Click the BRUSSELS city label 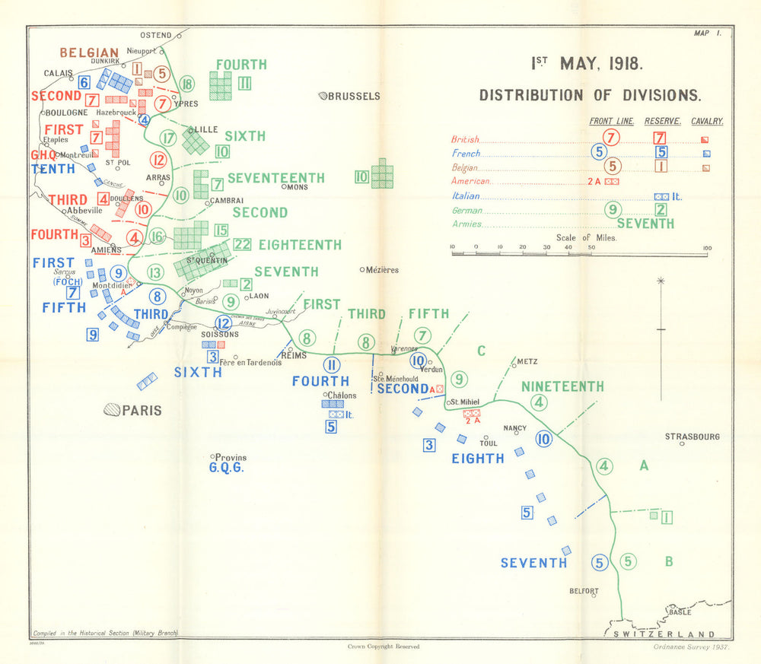355,96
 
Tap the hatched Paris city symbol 112,409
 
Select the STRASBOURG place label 692,437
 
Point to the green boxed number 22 243,244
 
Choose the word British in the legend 465,139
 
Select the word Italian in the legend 466,195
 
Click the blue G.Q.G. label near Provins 226,468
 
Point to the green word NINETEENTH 562,386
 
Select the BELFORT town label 584,591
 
